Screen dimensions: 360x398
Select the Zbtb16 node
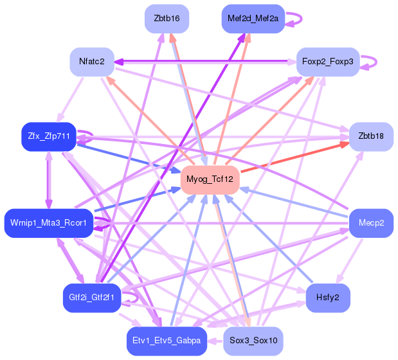click(167, 18)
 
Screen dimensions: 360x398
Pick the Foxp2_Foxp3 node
click(327, 62)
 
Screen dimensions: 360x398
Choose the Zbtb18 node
click(371, 136)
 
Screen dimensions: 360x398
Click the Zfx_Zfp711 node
click(49, 136)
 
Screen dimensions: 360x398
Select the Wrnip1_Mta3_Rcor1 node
click(49, 223)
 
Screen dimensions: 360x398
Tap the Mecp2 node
click(371, 223)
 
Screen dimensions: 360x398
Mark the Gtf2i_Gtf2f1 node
click(92, 298)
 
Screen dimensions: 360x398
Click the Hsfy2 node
click(328, 298)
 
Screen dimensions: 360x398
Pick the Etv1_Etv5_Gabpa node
click(167, 341)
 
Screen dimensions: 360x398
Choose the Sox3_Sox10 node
click(253, 341)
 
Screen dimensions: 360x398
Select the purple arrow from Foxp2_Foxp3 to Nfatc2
click(206, 62)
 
